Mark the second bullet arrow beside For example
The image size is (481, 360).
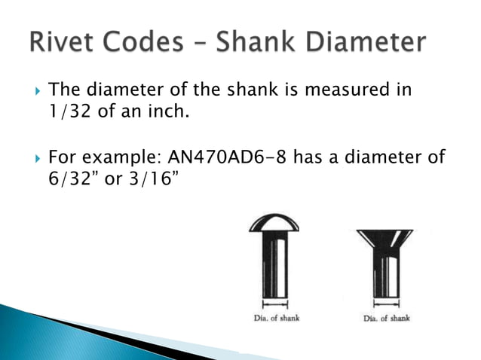tap(29, 158)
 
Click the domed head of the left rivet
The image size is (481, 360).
tap(274, 222)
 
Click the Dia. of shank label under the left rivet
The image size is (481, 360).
tap(274, 319)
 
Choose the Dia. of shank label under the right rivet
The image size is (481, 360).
tap(386, 319)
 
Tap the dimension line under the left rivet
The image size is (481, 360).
tap(274, 305)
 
